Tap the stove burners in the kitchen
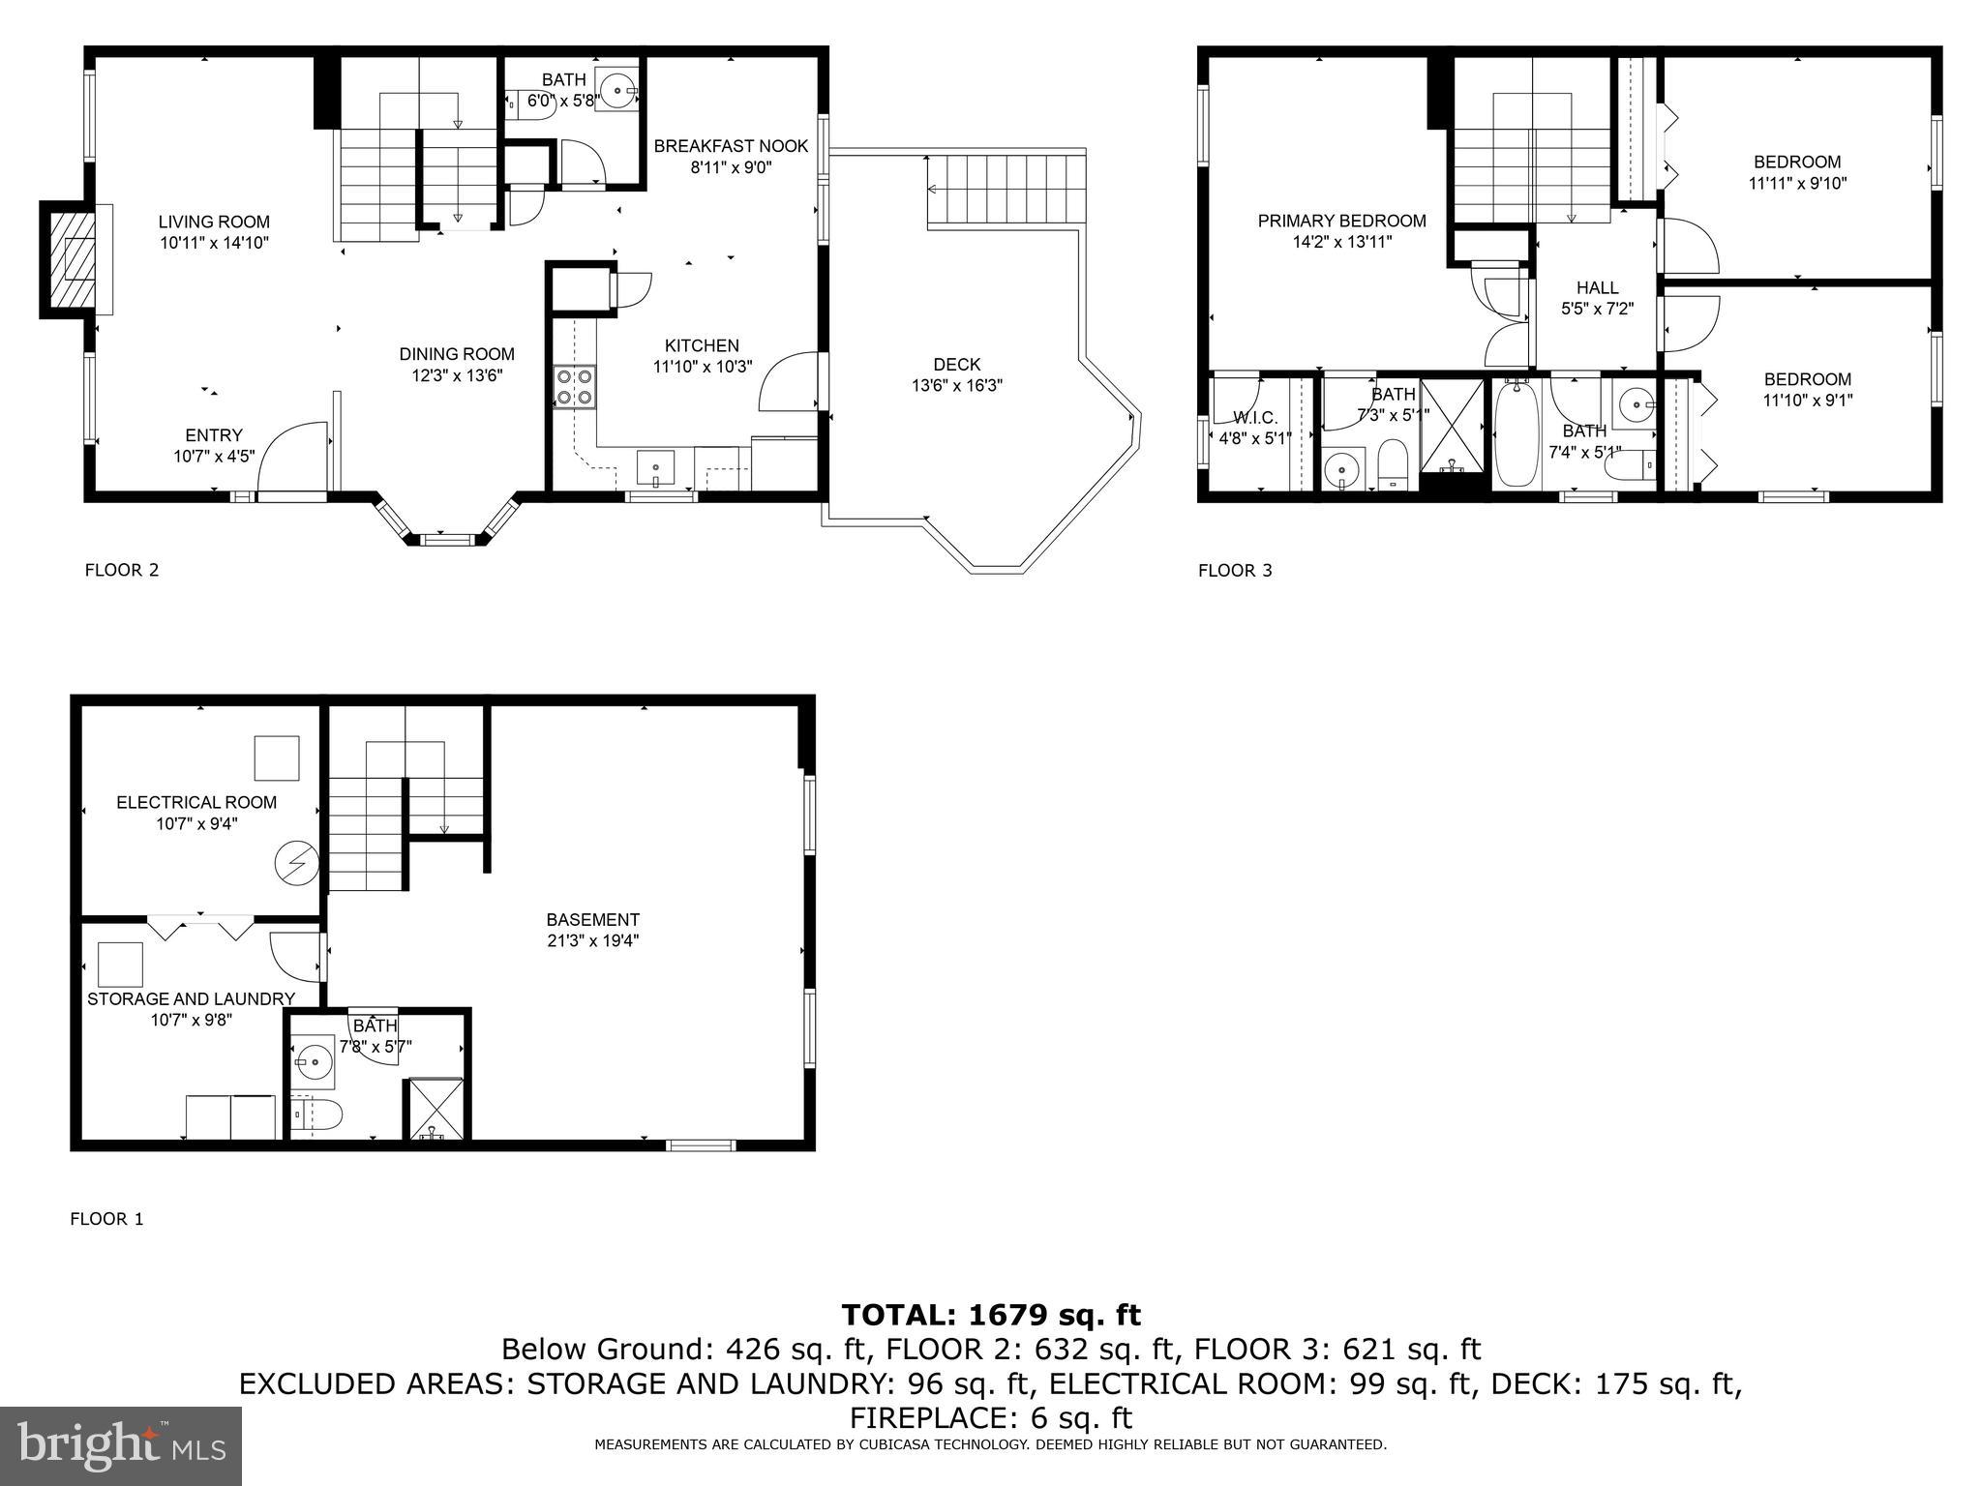574,387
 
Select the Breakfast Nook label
731,146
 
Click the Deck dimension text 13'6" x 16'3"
956,385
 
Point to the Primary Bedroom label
1341,221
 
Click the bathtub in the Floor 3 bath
1517,435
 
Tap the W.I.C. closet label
1255,418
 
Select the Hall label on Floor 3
1597,287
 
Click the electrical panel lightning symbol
295,863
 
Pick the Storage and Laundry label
191,998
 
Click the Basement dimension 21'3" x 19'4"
592,940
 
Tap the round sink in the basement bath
313,1062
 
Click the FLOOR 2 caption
122,570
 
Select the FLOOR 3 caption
1235,570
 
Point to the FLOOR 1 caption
106,1219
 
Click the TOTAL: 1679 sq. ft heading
991,1315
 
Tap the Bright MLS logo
121,1446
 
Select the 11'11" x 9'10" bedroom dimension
1797,183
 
